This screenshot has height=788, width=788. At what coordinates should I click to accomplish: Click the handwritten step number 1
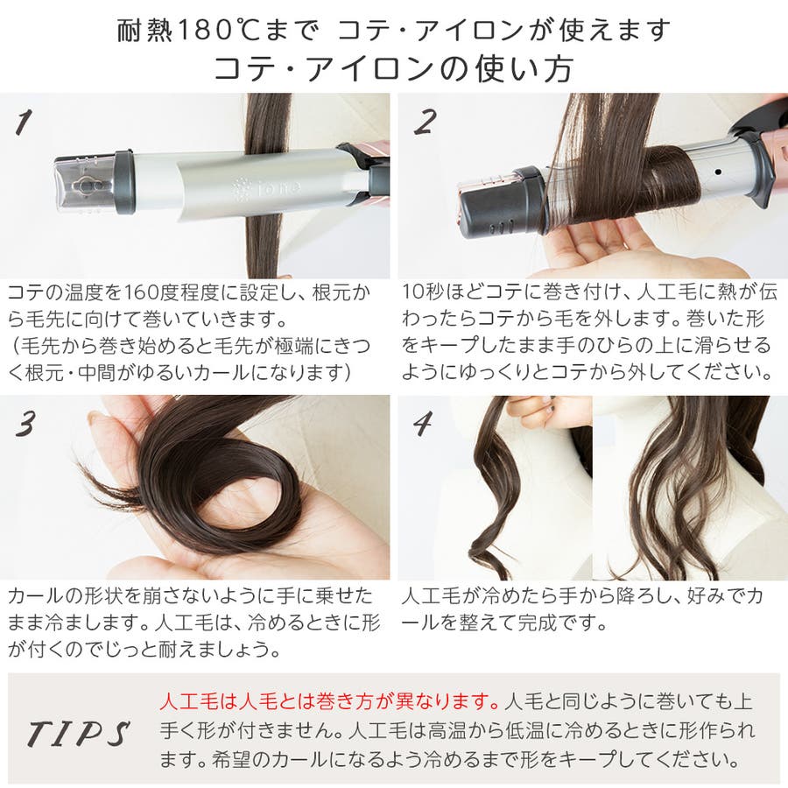tap(24, 123)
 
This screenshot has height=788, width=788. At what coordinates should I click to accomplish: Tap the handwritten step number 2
tap(426, 122)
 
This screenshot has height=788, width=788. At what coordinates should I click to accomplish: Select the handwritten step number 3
tap(25, 423)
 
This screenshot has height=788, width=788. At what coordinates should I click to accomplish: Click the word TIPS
tap(79, 733)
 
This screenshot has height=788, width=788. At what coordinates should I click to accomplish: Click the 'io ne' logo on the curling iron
tap(267, 188)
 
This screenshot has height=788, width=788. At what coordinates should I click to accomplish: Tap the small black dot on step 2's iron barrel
tap(718, 172)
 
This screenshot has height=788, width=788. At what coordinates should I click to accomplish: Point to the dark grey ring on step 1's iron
tap(124, 181)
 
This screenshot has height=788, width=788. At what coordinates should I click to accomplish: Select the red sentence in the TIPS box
tap(330, 701)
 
